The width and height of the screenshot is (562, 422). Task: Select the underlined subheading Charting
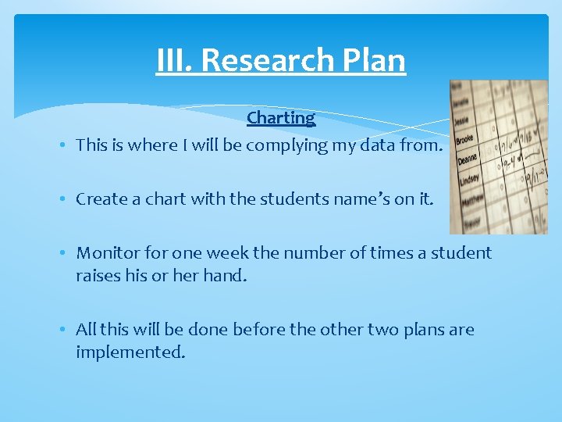click(281, 118)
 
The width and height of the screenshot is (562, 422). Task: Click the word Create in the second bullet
click(98, 199)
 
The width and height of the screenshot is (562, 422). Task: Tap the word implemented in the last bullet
click(130, 352)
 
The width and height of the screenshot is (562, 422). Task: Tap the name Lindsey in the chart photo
click(468, 179)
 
